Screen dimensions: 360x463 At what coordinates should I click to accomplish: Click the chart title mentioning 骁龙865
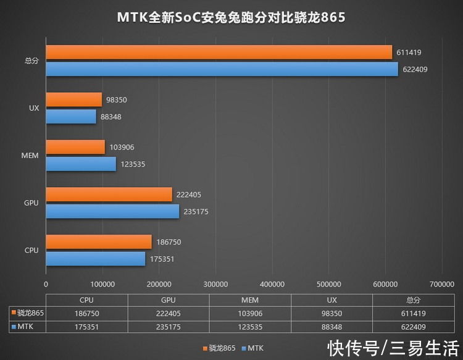coord(231,17)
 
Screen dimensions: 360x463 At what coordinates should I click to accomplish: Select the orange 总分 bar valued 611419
coord(219,52)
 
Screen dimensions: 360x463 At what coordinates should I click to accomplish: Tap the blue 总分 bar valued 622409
coord(222,69)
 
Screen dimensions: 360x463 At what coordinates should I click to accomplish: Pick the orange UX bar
coord(73,99)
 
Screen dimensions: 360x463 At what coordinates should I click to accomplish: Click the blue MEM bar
coord(81,164)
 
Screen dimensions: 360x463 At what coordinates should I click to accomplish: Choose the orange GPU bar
coord(109,195)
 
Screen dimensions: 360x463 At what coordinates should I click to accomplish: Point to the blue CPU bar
coord(95,259)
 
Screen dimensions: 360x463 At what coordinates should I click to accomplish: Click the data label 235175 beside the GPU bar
coord(196,211)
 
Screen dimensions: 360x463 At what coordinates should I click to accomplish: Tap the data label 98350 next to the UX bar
coord(118,99)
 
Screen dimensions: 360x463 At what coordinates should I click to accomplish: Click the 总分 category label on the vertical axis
coord(31,61)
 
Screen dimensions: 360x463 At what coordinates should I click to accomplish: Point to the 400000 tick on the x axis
coord(272,285)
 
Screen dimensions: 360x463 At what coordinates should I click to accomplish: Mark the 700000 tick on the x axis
coord(441,285)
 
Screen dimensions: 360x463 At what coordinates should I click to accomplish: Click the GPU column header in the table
coord(168,299)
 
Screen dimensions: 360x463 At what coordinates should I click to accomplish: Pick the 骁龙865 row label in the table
coord(28,313)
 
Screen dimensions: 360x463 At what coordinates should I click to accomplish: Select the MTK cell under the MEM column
coord(249,326)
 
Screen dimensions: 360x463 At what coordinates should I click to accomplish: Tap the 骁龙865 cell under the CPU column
coord(86,313)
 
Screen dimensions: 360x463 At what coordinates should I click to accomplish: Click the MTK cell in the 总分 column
coord(412,326)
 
